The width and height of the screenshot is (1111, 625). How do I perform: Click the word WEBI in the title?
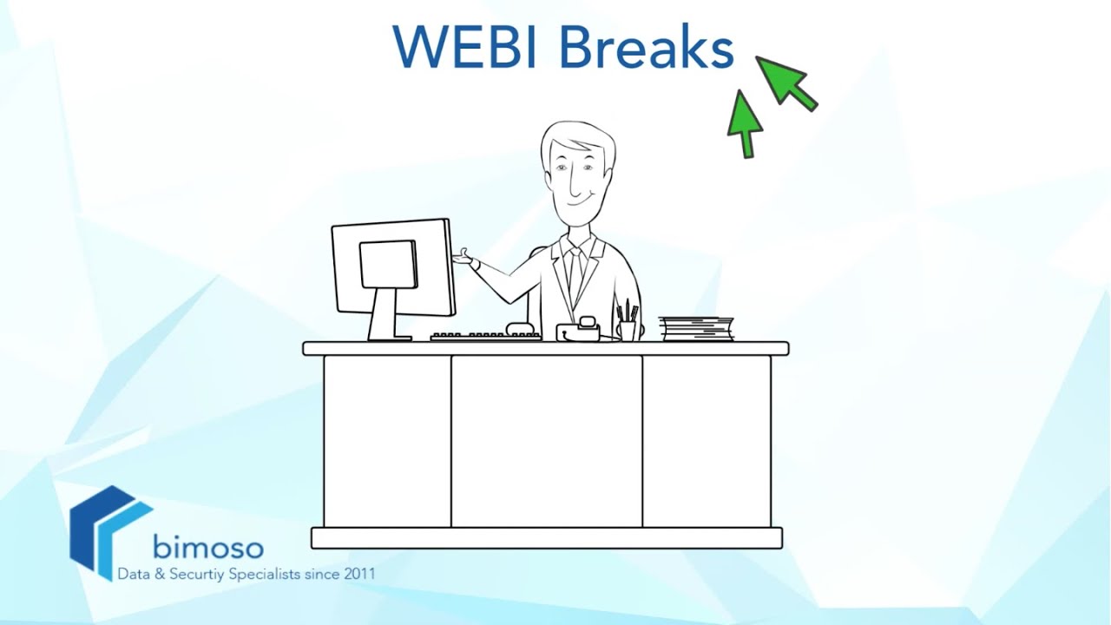click(468, 47)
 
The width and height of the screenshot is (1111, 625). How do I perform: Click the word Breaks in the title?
click(646, 47)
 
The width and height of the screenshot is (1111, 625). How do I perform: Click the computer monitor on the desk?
click(392, 269)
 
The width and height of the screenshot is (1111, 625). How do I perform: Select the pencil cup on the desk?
click(628, 330)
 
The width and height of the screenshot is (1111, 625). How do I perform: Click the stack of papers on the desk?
click(696, 329)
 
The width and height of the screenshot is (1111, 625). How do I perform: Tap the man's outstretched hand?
click(465, 258)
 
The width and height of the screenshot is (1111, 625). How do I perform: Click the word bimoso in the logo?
click(207, 547)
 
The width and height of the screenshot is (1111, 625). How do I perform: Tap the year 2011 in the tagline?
click(360, 575)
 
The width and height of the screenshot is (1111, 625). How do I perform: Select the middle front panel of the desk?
click(546, 440)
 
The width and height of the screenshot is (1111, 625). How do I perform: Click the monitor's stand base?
click(388, 337)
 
